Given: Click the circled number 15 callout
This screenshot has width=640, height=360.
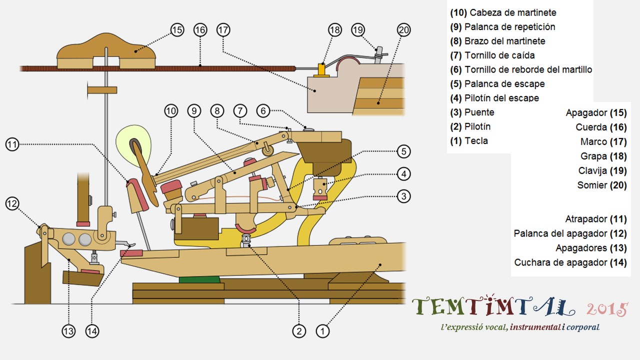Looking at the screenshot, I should click(x=177, y=30).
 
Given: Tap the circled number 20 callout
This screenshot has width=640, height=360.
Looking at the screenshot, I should click(x=403, y=30).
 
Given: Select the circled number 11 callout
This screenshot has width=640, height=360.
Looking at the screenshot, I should click(x=13, y=145).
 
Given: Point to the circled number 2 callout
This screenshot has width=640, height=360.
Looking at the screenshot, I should click(x=299, y=330).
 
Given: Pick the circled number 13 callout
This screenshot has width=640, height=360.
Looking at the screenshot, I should click(x=68, y=330).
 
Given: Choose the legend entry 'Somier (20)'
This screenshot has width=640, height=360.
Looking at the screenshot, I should click(x=601, y=185).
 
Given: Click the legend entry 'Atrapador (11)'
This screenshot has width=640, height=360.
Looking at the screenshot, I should click(x=595, y=219).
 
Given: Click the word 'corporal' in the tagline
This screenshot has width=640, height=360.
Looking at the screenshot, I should click(x=583, y=327).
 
